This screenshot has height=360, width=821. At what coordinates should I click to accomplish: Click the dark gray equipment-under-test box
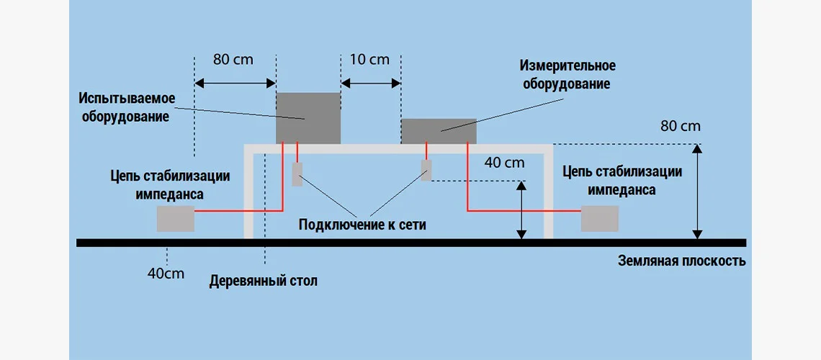[x=308, y=117]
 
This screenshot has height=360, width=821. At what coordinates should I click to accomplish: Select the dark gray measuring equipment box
[x=438, y=131]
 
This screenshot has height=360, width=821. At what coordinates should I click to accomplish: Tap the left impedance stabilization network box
[x=176, y=219]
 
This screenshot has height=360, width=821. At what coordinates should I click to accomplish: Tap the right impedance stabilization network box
[x=600, y=218]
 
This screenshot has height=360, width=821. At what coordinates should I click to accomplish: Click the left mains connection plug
[x=297, y=174]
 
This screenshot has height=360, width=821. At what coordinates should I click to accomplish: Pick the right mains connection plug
[x=426, y=170]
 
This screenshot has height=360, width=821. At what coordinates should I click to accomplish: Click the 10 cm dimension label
[x=369, y=60]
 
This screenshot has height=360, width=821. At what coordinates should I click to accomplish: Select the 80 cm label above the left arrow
[x=233, y=60]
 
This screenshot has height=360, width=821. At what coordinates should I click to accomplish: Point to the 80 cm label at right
[x=680, y=127]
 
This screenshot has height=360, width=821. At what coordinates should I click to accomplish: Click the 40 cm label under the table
[x=504, y=163]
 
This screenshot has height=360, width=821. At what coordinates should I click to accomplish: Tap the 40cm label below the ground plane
[x=166, y=274]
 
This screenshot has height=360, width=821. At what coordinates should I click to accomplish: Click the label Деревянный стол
[x=263, y=281]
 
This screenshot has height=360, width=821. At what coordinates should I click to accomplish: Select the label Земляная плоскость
[x=681, y=261]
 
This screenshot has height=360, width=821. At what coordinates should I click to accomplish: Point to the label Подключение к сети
[x=362, y=225]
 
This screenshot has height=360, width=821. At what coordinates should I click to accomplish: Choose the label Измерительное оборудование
[x=567, y=74]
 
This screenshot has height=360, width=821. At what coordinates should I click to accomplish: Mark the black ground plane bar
[x=410, y=243]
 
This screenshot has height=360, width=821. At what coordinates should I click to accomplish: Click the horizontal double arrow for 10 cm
[x=370, y=84]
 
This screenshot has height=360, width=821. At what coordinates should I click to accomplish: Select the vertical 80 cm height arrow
[x=696, y=192]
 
